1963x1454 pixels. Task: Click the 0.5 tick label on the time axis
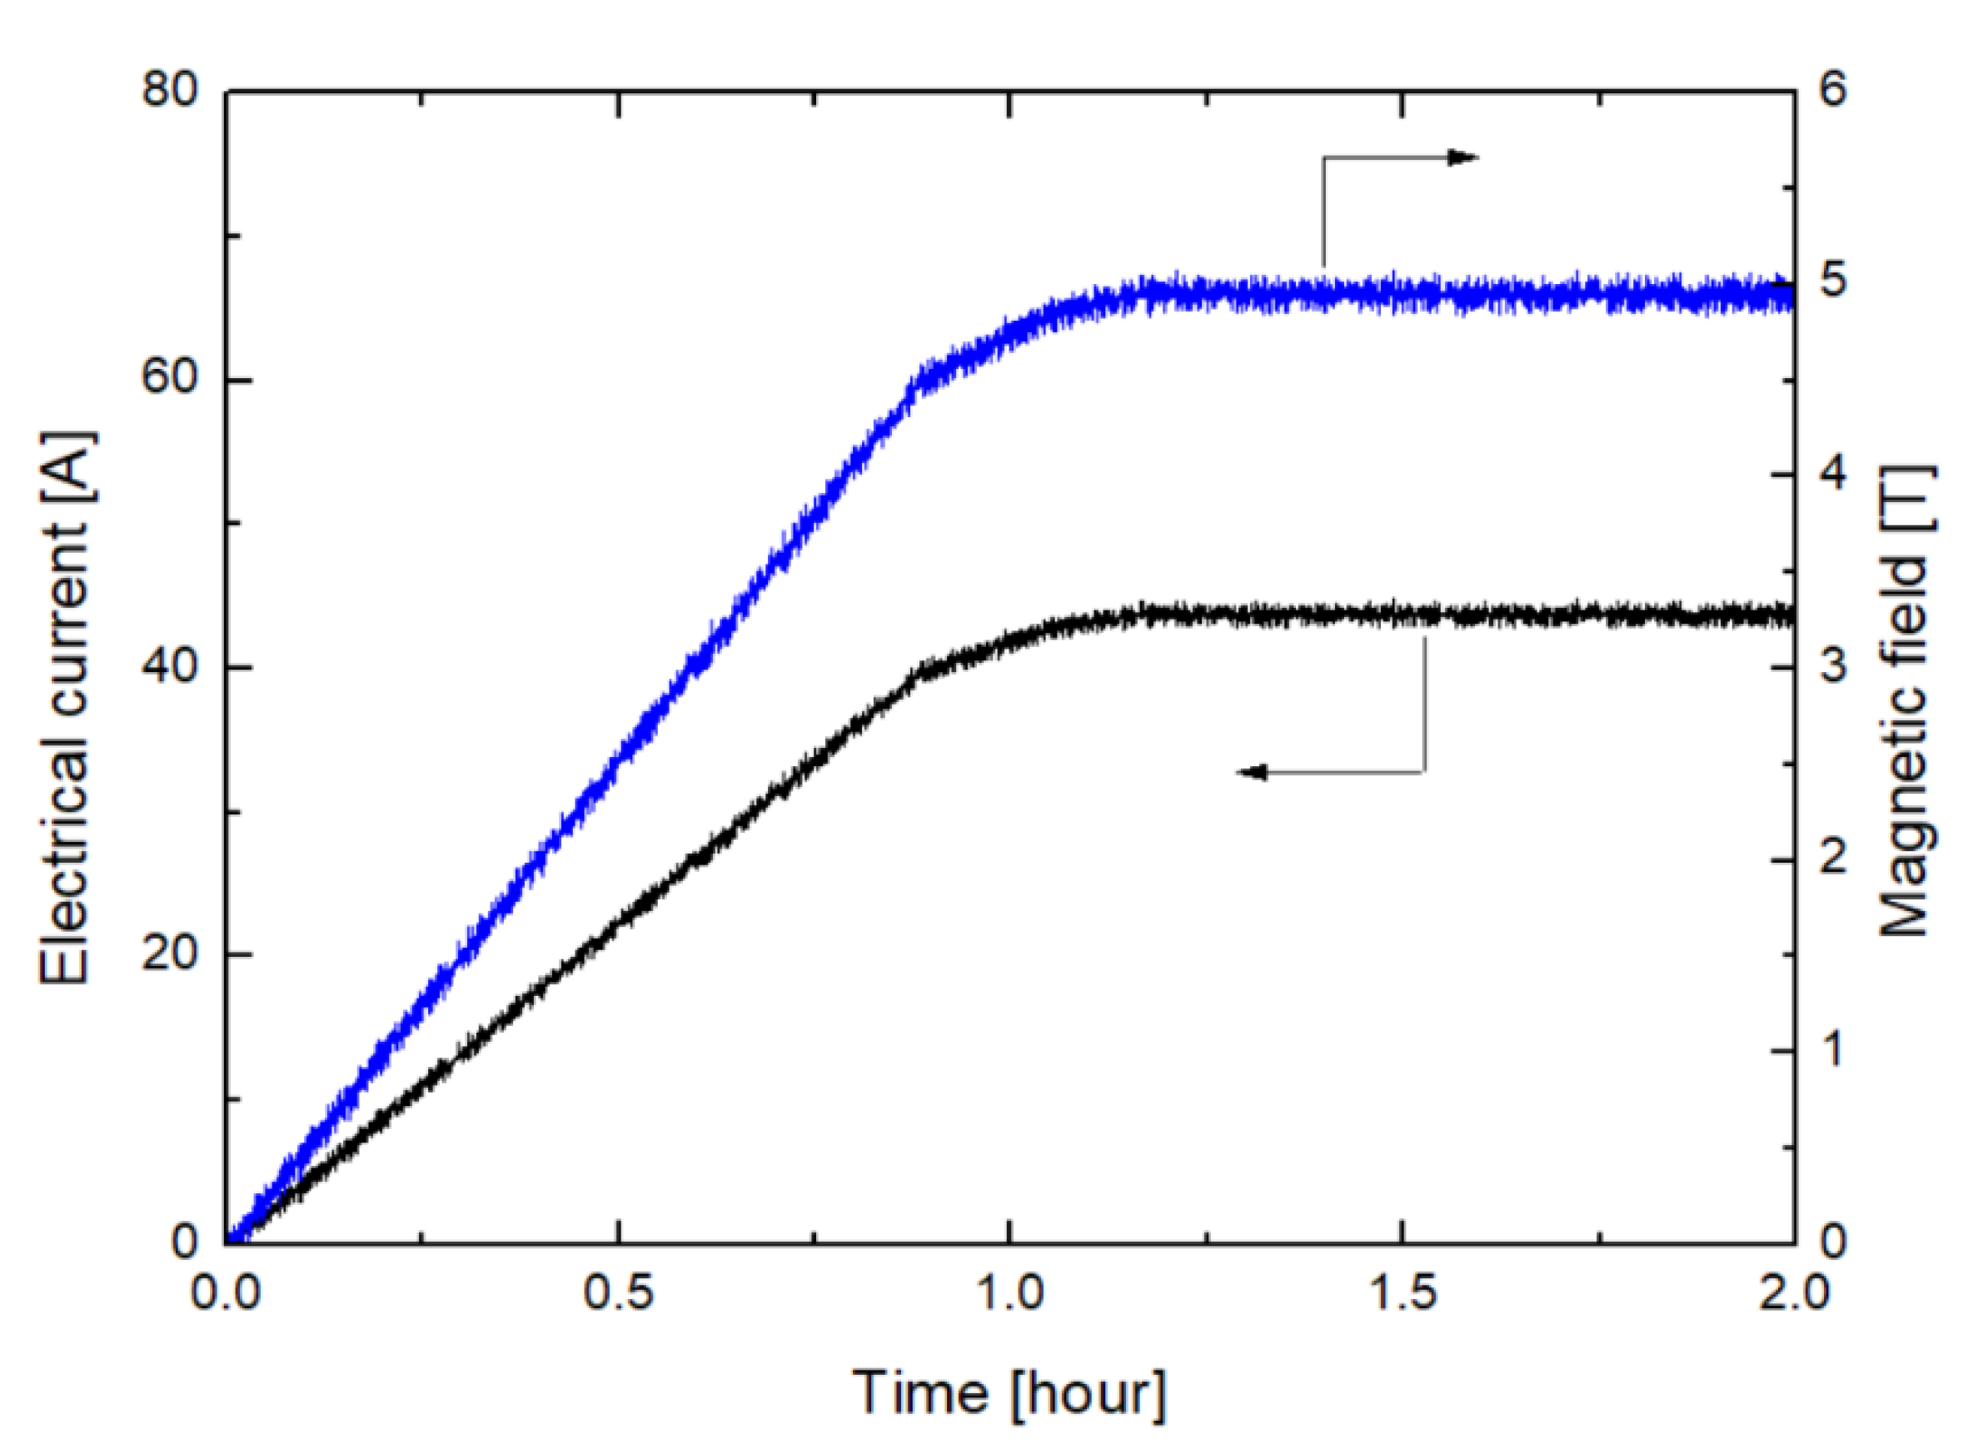click(619, 1294)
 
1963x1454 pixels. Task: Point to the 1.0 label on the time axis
click(1009, 1294)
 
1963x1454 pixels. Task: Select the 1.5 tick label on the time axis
click(1402, 1294)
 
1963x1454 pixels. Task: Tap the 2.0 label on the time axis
click(1793, 1294)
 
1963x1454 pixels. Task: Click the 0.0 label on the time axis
click(227, 1294)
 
